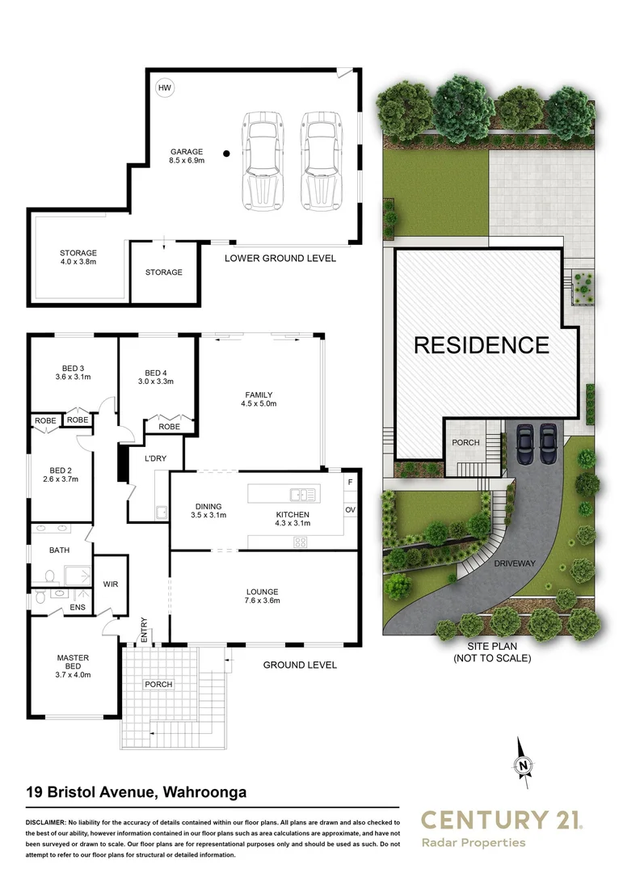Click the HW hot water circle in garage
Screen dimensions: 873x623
coord(165,87)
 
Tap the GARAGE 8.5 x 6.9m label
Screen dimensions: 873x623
coord(187,156)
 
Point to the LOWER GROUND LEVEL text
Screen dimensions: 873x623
coord(280,259)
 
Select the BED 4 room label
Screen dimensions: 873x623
coord(156,376)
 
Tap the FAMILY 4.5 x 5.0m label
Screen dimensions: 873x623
coord(259,399)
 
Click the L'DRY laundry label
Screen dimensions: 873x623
coord(155,459)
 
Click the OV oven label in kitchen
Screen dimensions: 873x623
coord(350,510)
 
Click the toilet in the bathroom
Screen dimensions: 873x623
coord(50,577)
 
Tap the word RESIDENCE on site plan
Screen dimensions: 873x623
coord(481,345)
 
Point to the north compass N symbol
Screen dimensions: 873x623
coord(524,765)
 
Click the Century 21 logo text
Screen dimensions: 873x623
coord(501,821)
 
